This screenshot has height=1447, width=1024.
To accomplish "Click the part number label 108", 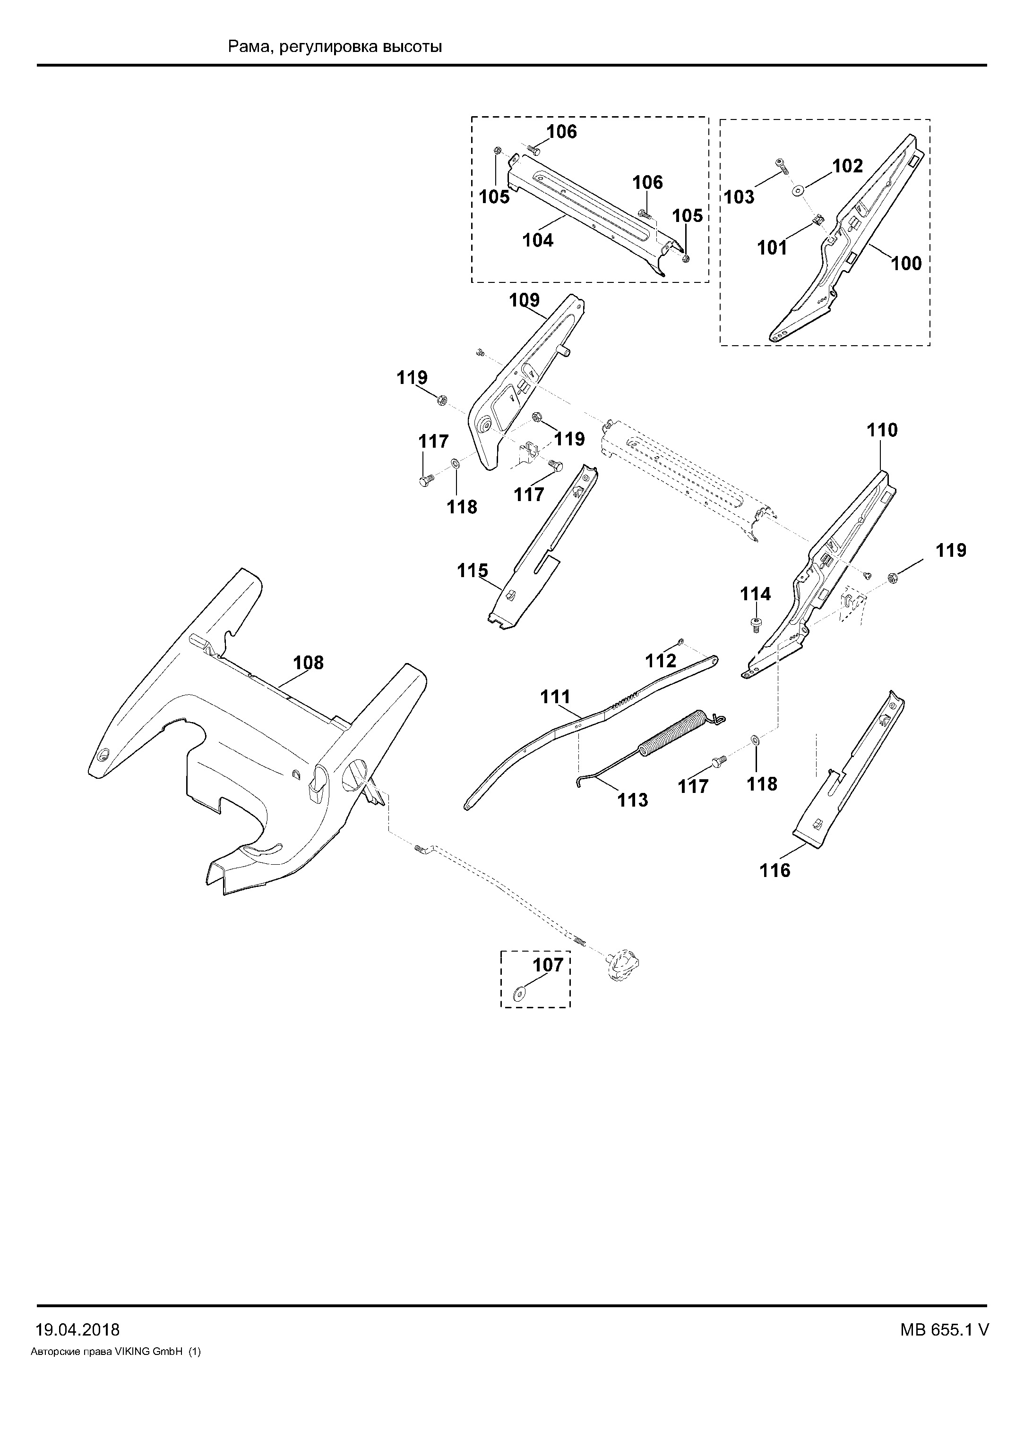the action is click(309, 663).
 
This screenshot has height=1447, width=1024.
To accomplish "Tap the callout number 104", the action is click(538, 240).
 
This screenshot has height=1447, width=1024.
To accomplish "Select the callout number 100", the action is click(906, 264).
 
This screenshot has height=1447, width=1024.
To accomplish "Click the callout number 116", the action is click(775, 870).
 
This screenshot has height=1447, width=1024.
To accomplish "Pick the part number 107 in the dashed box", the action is click(548, 965).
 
